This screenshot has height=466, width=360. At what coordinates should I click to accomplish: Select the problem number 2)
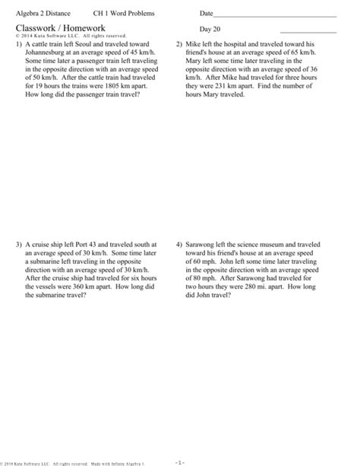(180, 45)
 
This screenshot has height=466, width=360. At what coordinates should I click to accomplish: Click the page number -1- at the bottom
(180, 461)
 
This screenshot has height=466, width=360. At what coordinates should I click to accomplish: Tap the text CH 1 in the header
(101, 14)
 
